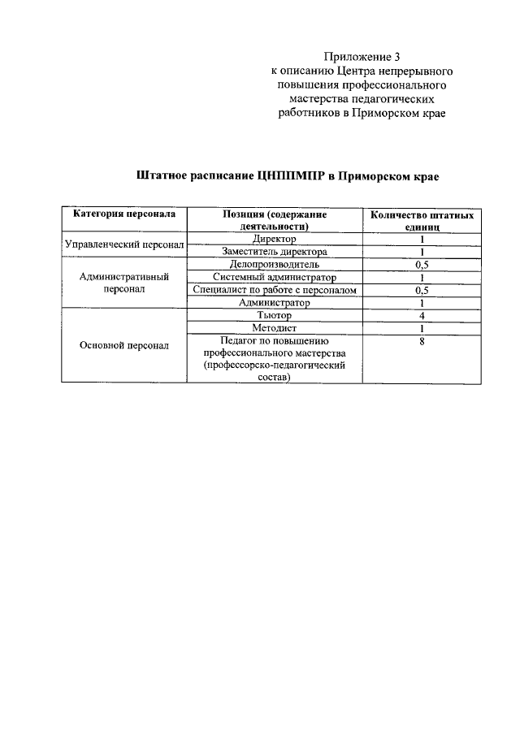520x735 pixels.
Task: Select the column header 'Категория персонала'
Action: [123, 214]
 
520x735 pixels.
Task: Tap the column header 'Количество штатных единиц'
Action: [422, 221]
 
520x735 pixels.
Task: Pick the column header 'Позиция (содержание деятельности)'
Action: [275, 221]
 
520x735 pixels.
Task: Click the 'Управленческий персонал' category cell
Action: [124, 244]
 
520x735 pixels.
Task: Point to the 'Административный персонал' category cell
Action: [124, 283]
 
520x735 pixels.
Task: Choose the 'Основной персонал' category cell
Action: [124, 345]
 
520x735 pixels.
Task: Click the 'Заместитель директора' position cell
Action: [275, 252]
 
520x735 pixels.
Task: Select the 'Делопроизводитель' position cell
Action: [275, 264]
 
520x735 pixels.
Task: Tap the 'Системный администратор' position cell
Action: [275, 277]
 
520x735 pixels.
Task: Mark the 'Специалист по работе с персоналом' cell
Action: [275, 290]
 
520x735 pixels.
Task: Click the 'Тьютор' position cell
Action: [275, 314]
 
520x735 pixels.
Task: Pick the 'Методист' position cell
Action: [275, 327]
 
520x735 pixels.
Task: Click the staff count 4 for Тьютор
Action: [422, 314]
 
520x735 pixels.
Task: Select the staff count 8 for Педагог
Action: [422, 341]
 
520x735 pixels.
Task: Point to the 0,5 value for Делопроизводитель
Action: [422, 264]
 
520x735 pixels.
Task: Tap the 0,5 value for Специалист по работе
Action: [422, 290]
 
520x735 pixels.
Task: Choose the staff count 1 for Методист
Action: [422, 327]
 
